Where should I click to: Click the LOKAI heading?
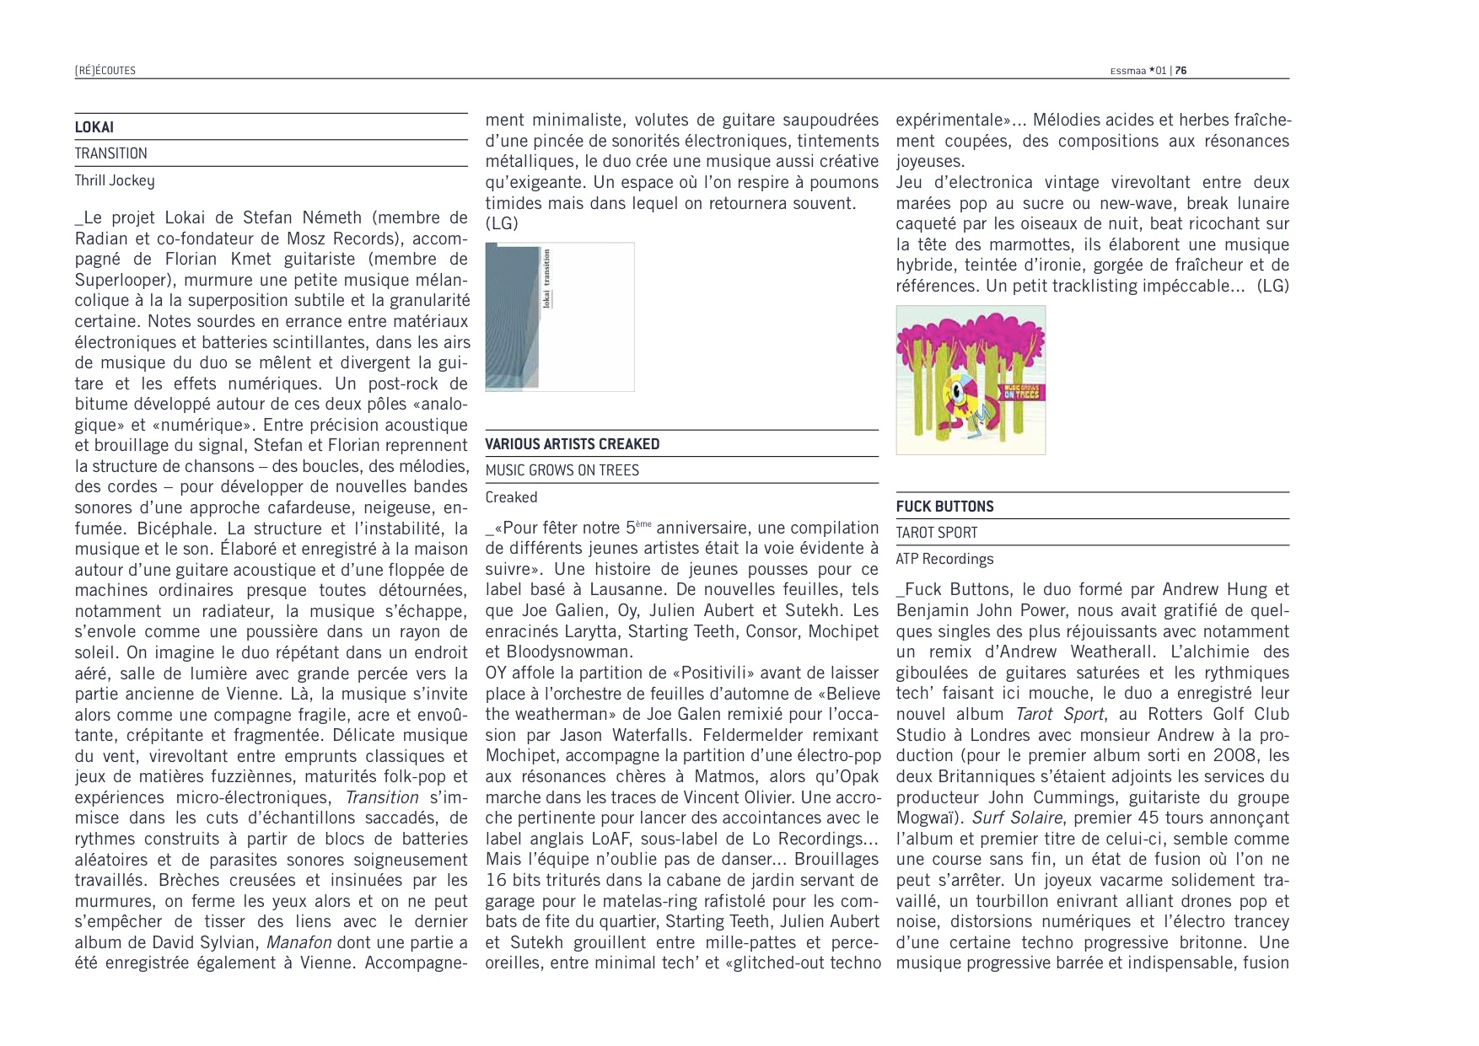click(94, 127)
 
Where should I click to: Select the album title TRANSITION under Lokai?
click(110, 153)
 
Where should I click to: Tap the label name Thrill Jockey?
click(114, 180)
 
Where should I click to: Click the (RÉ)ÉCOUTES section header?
click(105, 71)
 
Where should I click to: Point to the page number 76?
click(1181, 71)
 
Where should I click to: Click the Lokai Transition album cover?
click(559, 317)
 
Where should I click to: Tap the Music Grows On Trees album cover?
click(970, 379)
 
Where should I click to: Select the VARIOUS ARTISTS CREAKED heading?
click(572, 444)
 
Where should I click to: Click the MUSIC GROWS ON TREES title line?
click(562, 470)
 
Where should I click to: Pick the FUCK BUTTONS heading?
click(944, 507)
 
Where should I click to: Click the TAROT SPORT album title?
click(936, 533)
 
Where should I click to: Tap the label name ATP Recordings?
click(944, 559)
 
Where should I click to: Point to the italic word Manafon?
click(298, 942)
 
